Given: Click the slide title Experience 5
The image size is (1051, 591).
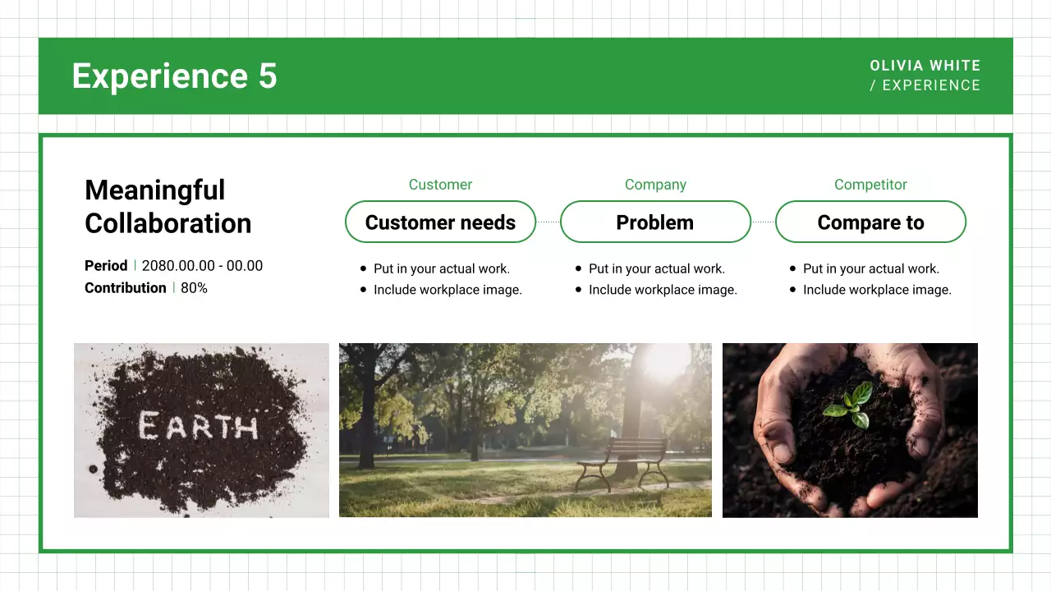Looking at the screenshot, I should [x=174, y=76].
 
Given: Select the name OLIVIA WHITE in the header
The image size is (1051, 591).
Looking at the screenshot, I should [x=925, y=66].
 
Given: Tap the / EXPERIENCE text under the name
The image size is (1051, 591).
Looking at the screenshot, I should [x=925, y=85].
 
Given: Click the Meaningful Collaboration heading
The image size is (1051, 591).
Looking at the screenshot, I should [x=168, y=207].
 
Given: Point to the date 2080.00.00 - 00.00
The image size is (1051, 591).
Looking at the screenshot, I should [x=202, y=266].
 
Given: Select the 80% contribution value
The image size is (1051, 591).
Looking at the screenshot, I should [x=194, y=288].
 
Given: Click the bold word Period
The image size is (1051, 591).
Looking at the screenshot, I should [x=106, y=266].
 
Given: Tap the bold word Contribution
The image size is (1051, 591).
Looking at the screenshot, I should [x=125, y=288].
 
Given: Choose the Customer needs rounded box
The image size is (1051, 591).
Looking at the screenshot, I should [x=440, y=222].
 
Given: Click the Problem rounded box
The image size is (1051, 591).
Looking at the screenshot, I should [x=655, y=222].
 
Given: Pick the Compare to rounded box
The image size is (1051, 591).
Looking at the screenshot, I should [x=870, y=222].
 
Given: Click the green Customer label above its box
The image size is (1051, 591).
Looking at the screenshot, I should [x=440, y=185].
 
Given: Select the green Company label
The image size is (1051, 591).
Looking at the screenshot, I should [x=655, y=185].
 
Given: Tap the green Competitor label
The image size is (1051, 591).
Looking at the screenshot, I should [x=870, y=185].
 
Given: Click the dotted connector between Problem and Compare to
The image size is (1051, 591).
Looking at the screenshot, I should [x=763, y=222].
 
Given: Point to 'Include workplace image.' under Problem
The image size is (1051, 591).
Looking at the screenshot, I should [x=663, y=290].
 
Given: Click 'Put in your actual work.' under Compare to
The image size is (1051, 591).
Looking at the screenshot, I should [x=870, y=268].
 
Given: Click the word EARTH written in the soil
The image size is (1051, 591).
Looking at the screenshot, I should [x=198, y=427].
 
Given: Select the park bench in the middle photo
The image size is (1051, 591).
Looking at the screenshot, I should [x=623, y=461].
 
